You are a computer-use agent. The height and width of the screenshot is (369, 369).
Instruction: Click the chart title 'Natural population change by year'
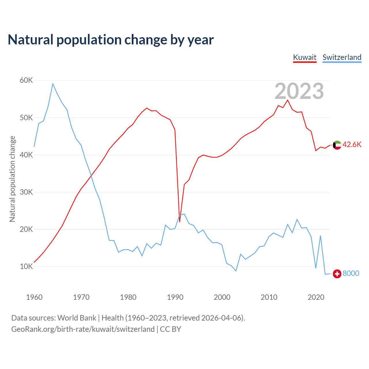pos(111,40)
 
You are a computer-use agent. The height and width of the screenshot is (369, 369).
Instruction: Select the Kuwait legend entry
pos(305,57)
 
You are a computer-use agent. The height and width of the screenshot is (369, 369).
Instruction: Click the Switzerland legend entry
pos(342,57)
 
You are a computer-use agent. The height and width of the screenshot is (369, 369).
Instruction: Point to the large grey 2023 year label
pos(299,91)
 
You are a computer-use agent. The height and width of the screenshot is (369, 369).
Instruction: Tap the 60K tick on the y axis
pos(26,80)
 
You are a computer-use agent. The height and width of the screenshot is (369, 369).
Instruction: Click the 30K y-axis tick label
pos(26,192)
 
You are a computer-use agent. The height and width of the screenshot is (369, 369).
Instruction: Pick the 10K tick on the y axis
pos(26,266)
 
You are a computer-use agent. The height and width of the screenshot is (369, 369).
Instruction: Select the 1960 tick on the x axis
pos(34,297)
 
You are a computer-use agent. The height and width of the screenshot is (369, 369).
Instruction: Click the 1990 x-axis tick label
pos(175,297)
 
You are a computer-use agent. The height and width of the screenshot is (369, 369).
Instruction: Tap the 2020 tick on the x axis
pos(316,297)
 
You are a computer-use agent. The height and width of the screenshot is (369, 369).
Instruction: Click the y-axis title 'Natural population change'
pos(12,179)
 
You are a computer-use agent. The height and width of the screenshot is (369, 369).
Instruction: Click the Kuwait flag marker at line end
pos(337,145)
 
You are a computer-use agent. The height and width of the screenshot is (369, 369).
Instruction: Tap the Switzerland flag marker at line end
pos(337,274)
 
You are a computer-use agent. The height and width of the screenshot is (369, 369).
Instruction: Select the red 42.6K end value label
pos(352,145)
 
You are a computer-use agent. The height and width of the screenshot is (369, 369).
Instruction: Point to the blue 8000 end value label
pos(351,273)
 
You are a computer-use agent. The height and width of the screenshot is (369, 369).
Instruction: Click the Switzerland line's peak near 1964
pos(53,84)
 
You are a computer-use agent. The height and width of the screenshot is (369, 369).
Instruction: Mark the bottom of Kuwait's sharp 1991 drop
pos(180,222)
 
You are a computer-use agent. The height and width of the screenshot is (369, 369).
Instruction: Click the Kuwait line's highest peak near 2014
pos(287,100)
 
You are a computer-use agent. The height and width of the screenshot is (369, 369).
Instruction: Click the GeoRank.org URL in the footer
pos(83,329)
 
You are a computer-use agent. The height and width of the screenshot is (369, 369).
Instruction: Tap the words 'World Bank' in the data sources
pos(77,318)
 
